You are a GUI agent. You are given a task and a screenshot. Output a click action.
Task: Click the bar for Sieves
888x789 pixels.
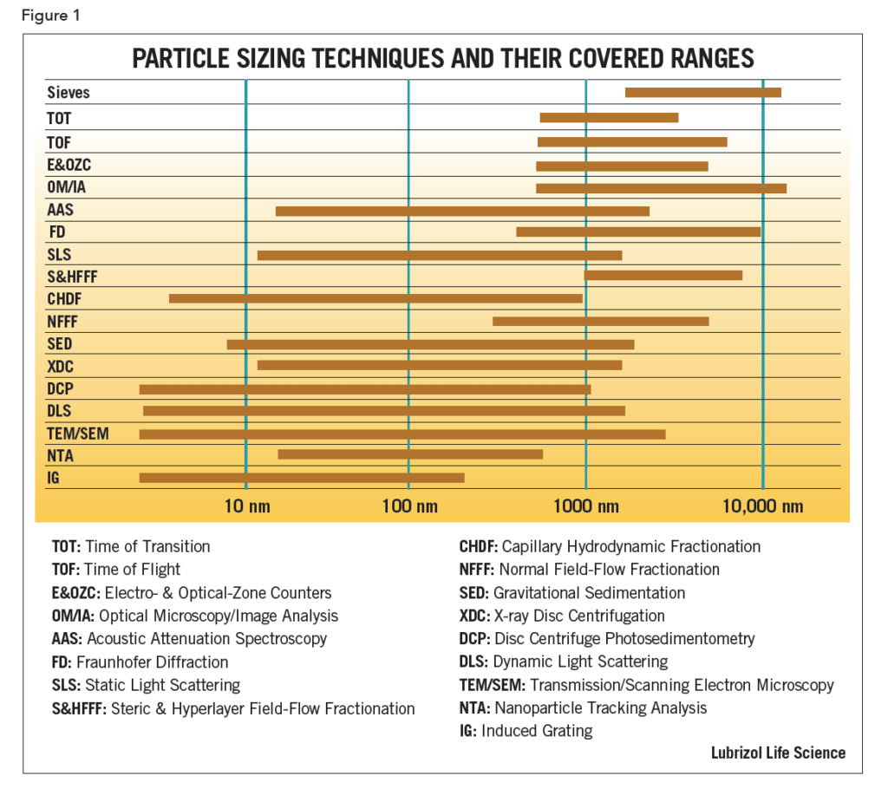click(702, 93)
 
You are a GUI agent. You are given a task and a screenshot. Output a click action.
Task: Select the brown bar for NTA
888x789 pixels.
click(409, 454)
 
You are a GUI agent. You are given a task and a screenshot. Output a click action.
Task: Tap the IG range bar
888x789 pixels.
click(301, 478)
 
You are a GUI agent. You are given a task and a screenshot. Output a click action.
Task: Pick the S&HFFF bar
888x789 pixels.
click(663, 276)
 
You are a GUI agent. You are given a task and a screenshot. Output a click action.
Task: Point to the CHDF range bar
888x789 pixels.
click(375, 298)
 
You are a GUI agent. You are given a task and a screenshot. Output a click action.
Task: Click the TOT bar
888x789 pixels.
click(609, 118)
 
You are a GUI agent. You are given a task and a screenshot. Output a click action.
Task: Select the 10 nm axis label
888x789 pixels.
click(246, 506)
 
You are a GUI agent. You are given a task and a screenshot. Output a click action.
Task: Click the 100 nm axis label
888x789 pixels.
click(409, 506)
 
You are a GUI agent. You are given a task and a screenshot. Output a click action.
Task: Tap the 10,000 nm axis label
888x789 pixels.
click(763, 506)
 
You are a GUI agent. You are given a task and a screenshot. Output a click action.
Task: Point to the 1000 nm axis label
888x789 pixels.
click(587, 506)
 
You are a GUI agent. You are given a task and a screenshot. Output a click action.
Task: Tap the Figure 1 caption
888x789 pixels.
click(49, 16)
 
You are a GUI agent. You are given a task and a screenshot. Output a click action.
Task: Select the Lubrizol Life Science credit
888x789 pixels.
click(778, 752)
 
